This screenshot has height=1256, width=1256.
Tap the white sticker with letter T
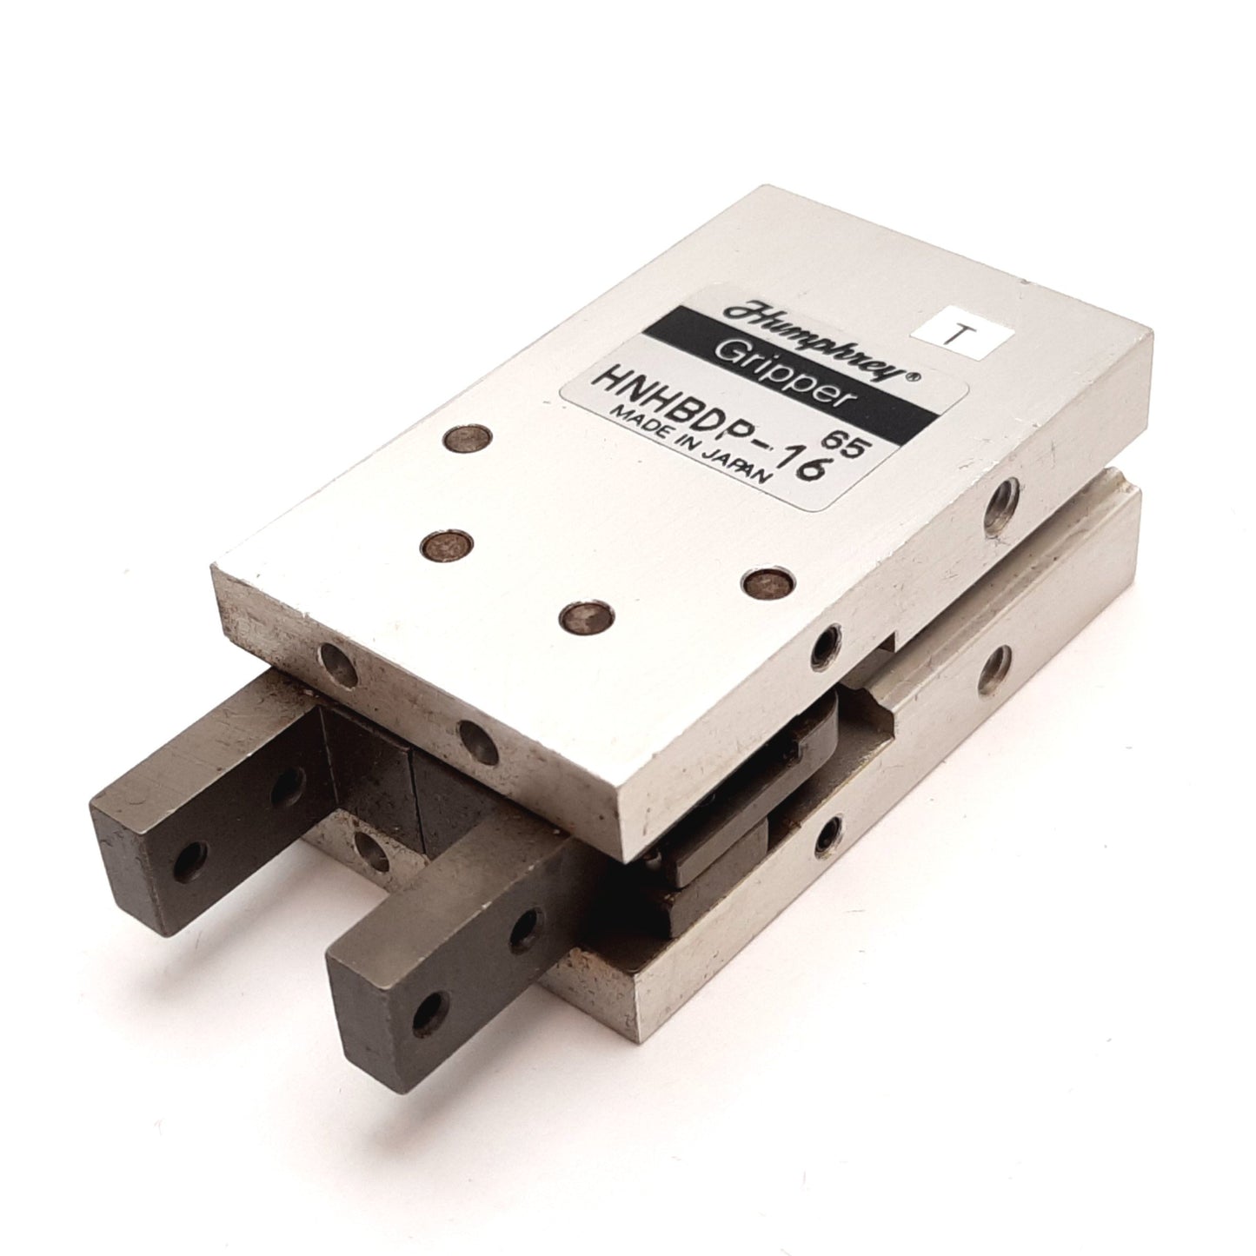click(x=965, y=340)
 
